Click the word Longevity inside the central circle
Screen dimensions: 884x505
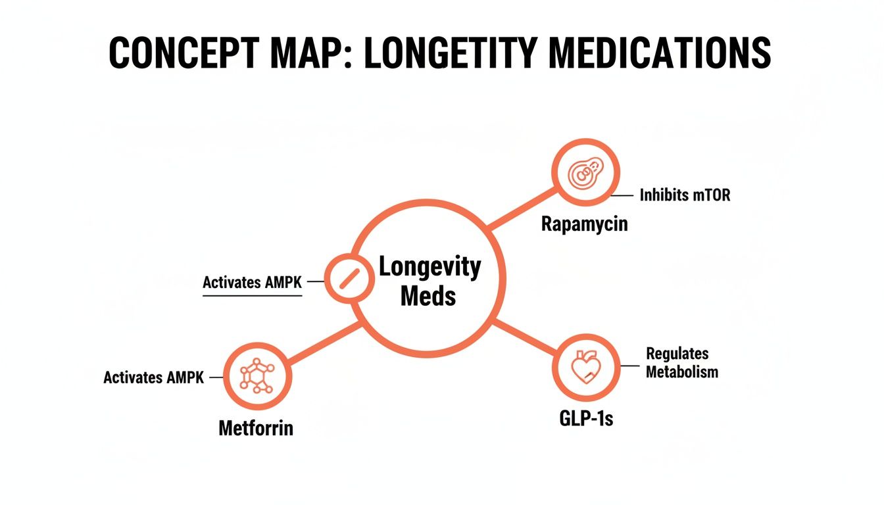[x=430, y=268]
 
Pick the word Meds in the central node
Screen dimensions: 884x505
[x=428, y=296]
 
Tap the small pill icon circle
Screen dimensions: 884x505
[x=349, y=279]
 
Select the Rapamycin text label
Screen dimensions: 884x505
[x=584, y=224]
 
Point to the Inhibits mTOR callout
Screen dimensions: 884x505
[x=684, y=195]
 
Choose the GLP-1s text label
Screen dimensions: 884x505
[x=585, y=418]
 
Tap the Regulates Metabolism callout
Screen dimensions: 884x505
[x=681, y=363]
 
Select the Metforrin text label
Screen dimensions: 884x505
[x=256, y=429]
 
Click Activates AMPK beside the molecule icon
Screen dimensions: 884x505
[x=154, y=378]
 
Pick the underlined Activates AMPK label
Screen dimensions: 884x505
[x=252, y=283]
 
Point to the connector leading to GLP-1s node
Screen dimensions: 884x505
[x=524, y=336]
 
